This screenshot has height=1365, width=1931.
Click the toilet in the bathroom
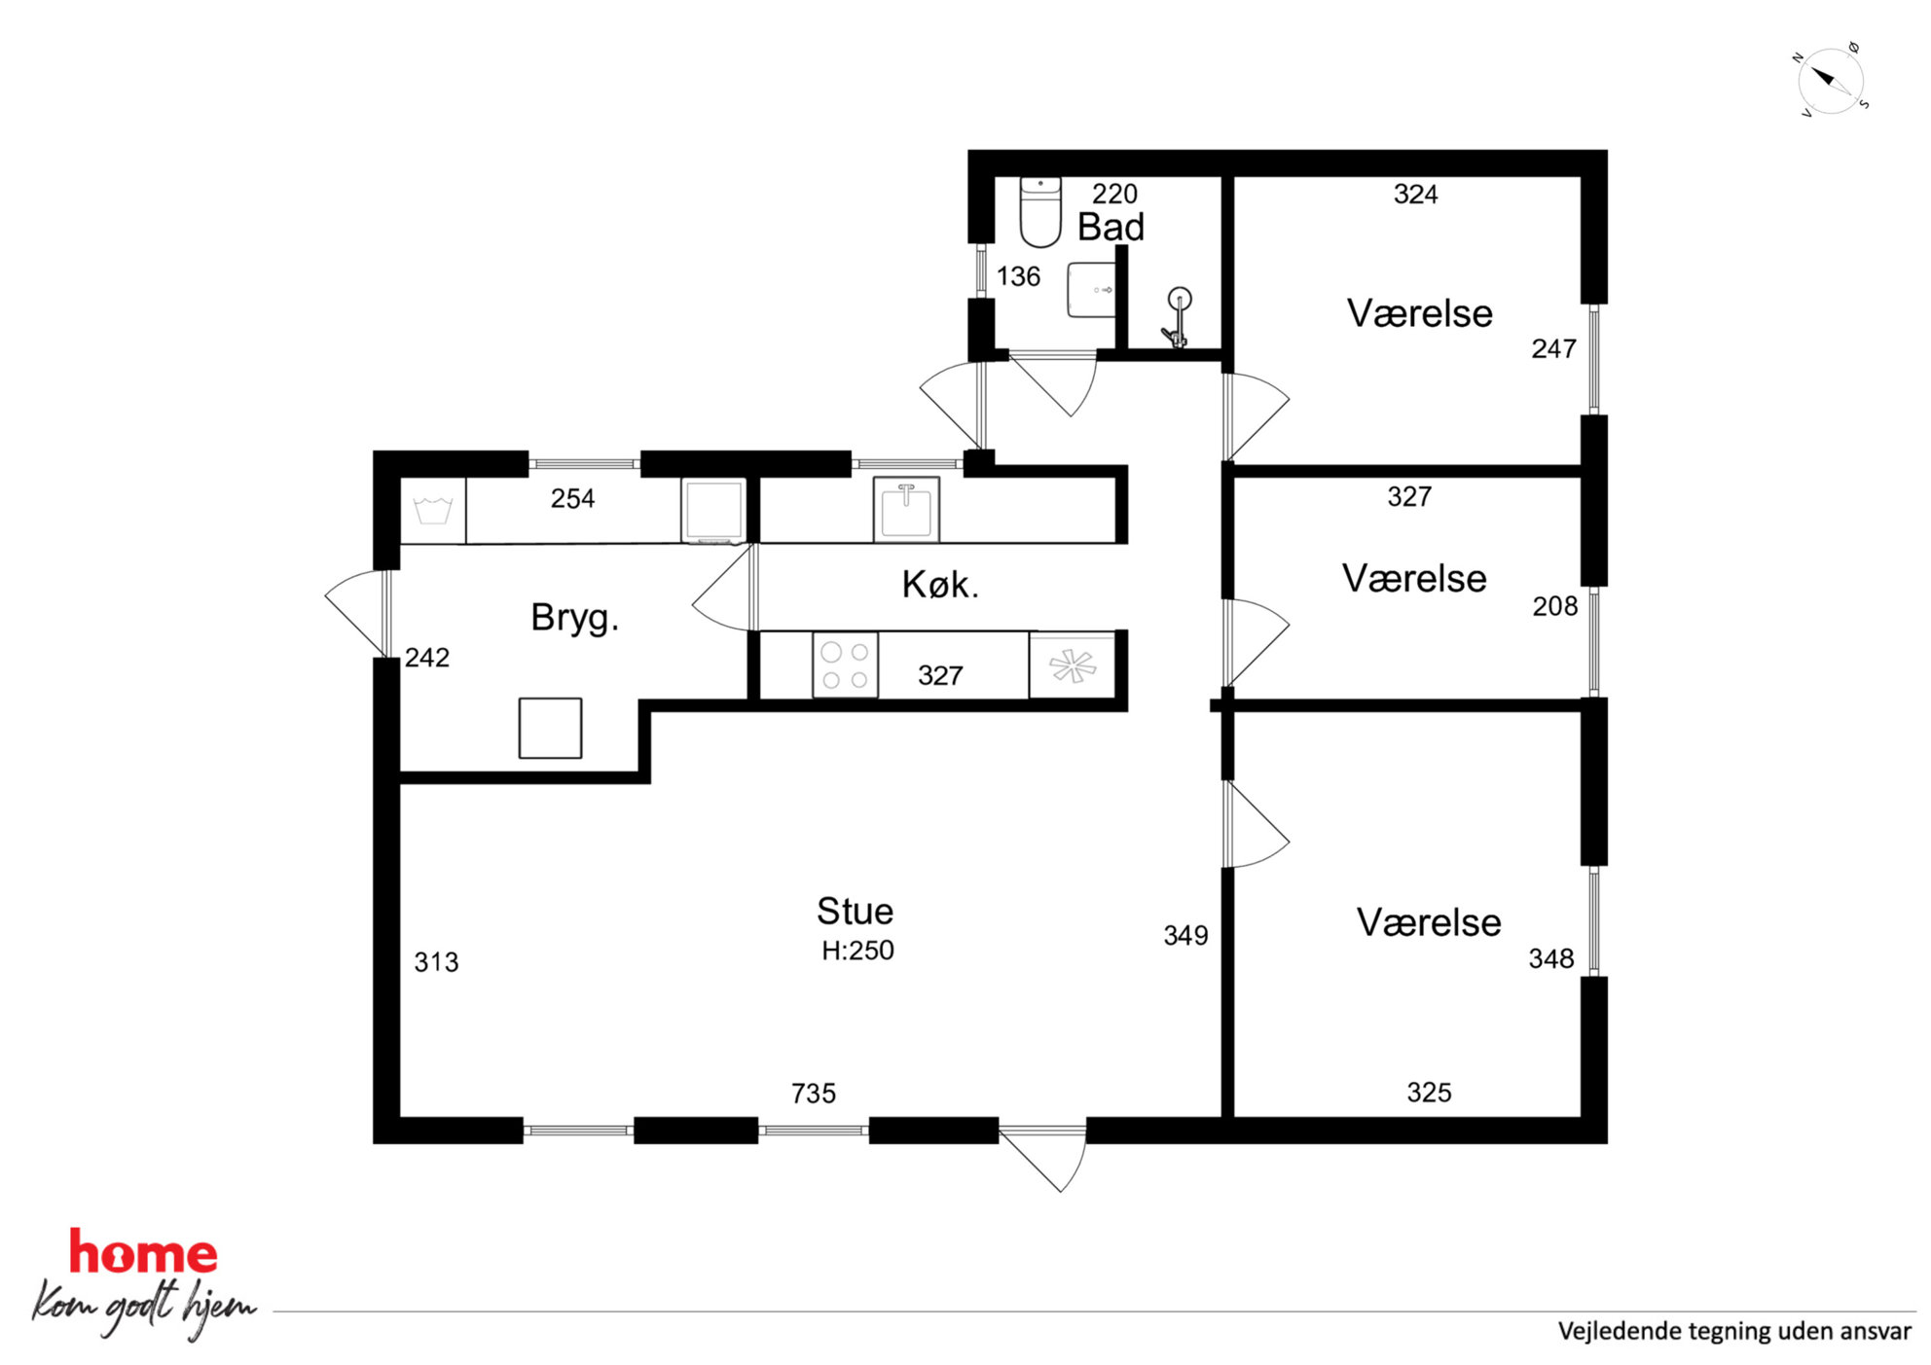1039,211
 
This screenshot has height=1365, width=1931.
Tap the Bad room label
1111,228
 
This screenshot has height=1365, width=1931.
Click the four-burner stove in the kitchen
845,665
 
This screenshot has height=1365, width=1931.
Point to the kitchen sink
906,508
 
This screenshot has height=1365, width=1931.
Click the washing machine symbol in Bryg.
433,511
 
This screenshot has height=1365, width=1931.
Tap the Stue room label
855,912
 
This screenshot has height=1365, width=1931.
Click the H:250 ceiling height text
857,951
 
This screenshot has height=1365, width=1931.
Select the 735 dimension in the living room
813,1094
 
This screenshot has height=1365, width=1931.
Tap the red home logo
143,1252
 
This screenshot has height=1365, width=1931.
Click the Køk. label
940,585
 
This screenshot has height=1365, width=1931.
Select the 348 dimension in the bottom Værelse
1550,959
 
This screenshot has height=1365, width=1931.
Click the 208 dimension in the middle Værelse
1554,607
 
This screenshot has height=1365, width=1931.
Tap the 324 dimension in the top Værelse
1415,195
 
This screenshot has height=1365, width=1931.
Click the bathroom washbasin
1092,290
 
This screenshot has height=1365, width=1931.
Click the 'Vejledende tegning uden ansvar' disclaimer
1734,1331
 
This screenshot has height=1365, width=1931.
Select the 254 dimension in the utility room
572,499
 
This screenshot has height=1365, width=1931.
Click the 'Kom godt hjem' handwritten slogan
144,1307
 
